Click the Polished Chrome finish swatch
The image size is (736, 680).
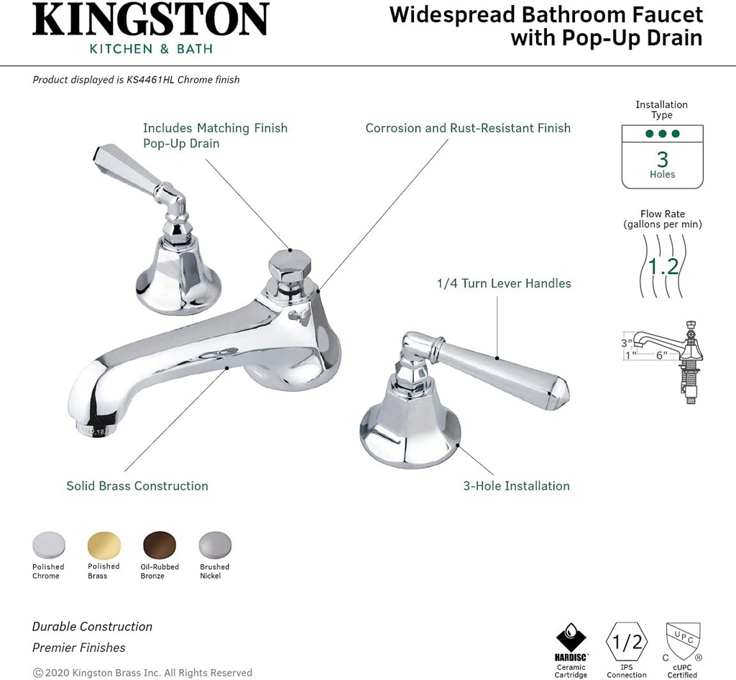coord(49,545)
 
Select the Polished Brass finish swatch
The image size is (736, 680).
coord(104,545)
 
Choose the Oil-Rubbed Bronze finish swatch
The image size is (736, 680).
coord(160,545)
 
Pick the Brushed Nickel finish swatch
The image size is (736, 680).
coord(215,545)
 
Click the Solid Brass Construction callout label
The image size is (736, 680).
coord(137,486)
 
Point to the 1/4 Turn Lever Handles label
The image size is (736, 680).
coord(504,283)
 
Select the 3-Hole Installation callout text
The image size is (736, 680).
coord(516,486)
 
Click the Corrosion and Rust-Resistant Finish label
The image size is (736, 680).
coord(468,128)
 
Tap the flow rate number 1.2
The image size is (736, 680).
coord(663,267)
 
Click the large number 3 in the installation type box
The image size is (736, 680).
coord(662,158)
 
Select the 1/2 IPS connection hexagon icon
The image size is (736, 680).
coord(627,641)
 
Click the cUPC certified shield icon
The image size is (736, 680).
coord(682,641)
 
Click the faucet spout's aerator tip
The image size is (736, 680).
coord(91,429)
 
